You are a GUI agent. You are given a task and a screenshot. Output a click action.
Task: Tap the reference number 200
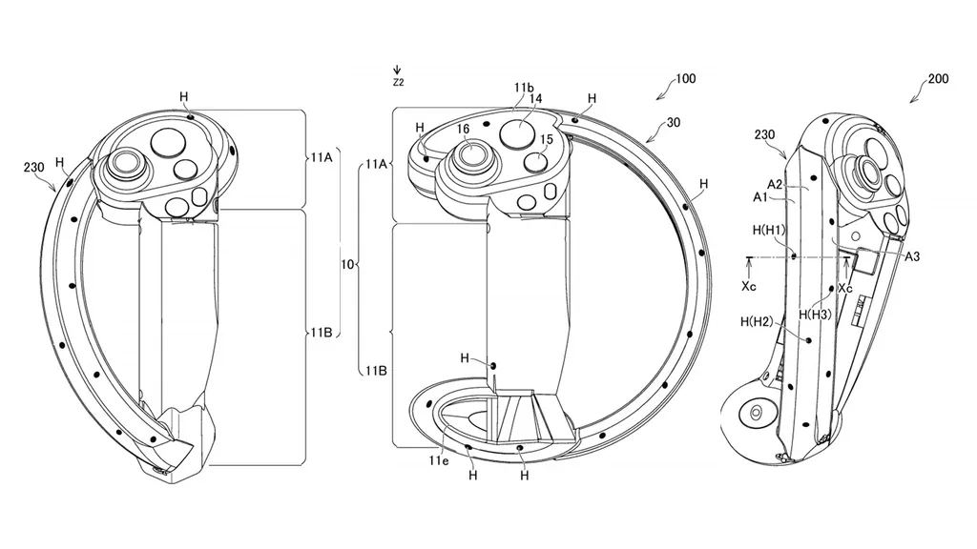pyautogui.click(x=938, y=79)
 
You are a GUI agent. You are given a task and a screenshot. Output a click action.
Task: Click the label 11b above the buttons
pyautogui.click(x=523, y=88)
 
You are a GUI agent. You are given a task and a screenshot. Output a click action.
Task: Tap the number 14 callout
pyautogui.click(x=535, y=98)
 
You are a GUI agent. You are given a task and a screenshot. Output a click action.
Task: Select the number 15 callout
pyautogui.click(x=547, y=140)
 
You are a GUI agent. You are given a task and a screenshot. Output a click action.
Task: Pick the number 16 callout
pyautogui.click(x=463, y=128)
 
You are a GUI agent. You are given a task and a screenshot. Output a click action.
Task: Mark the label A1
pyautogui.click(x=759, y=197)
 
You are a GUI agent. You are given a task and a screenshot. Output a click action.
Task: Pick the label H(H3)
pyautogui.click(x=818, y=314)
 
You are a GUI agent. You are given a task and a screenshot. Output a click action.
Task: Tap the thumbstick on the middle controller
pyautogui.click(x=470, y=152)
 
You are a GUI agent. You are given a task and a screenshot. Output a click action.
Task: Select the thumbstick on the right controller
pyautogui.click(x=870, y=172)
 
